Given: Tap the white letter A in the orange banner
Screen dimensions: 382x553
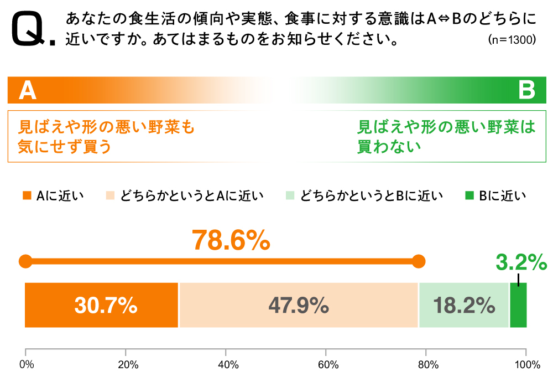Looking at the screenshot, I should coord(28,90).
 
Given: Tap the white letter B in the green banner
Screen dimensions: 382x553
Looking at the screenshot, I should coord(526,90).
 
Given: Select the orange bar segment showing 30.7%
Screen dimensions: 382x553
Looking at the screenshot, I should coord(102,305).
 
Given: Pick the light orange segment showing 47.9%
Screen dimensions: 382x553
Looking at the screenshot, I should coord(299,305).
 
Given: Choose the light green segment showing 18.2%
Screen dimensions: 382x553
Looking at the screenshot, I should coord(463,305).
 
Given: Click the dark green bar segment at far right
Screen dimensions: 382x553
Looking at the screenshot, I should coord(518,305).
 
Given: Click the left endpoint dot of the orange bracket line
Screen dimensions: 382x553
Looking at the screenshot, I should coord(25,261).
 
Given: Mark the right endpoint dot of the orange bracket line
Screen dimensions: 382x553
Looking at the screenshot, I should coord(419,261).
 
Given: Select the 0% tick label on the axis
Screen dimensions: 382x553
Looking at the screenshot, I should coord(26,365).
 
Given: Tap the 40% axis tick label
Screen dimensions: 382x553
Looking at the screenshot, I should coord(228,365).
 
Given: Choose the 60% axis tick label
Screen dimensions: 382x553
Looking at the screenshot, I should coord(328,365).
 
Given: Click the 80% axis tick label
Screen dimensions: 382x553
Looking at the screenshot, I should coord(428,365).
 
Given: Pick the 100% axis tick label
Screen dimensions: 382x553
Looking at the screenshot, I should coord(526,365).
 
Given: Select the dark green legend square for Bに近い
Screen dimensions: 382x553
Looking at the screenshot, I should coord(469,195).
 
